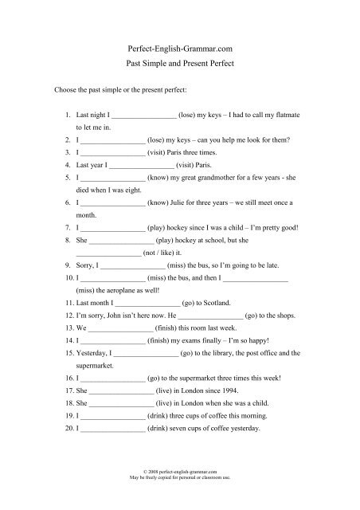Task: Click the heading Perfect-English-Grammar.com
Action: click(179, 49)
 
